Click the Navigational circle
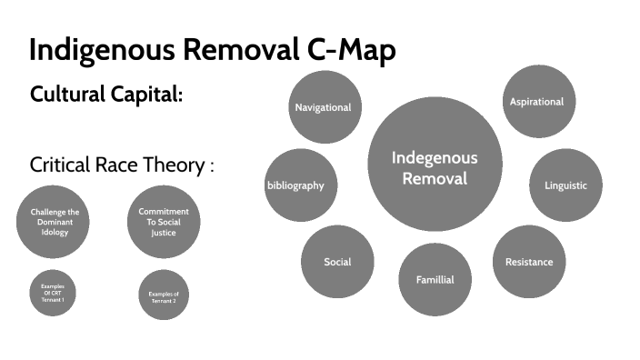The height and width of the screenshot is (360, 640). (323, 107)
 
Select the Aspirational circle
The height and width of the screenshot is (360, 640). (536, 101)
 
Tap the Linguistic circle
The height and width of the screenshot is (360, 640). (565, 185)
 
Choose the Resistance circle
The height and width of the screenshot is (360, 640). (528, 262)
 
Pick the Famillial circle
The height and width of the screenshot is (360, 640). (435, 279)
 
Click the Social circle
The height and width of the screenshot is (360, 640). (337, 262)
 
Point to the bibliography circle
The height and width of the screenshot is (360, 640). (297, 185)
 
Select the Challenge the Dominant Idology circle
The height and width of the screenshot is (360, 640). (49, 222)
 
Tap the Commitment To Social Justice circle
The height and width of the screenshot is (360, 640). (163, 221)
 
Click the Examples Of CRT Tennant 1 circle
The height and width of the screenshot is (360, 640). (53, 294)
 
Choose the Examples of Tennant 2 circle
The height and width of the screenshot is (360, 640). (164, 295)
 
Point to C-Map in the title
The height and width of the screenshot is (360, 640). (347, 50)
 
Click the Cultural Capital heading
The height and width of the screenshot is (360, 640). (106, 94)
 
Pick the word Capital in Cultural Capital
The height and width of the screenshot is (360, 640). (149, 94)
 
